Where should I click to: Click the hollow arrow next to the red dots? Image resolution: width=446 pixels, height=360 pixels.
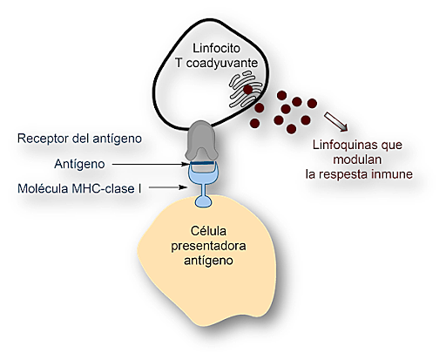pos(334,120)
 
